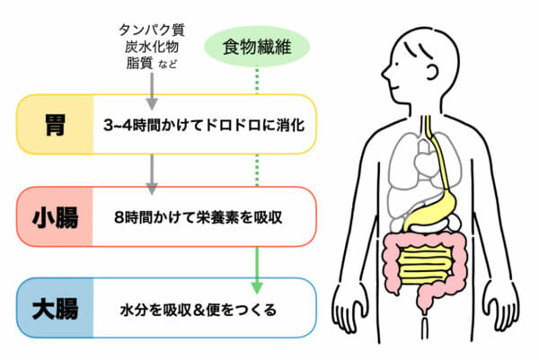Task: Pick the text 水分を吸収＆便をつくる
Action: [x=199, y=309]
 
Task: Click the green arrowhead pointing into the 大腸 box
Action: [x=256, y=285]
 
